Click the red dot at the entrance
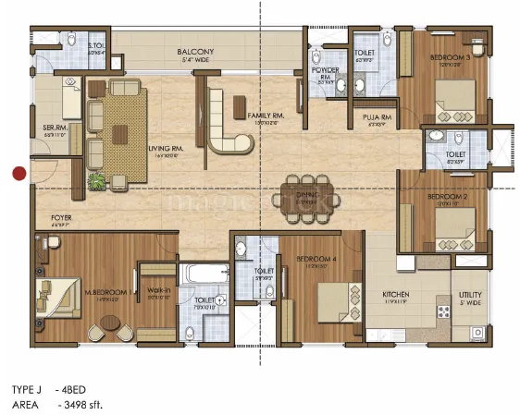click(18, 172)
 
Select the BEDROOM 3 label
click(451, 57)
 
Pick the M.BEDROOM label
click(104, 295)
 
